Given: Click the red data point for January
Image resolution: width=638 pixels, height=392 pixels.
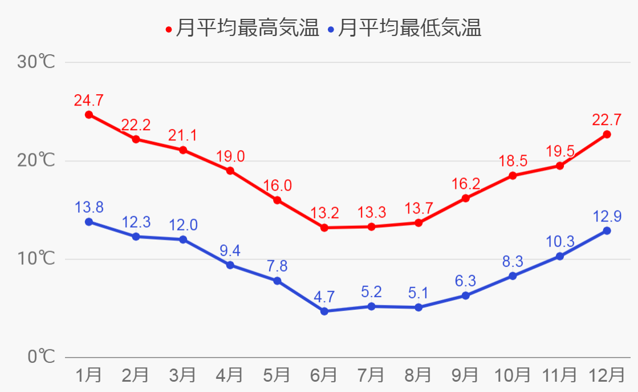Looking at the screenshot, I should (89, 115).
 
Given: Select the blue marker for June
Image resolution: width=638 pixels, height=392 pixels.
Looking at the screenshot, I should (324, 312).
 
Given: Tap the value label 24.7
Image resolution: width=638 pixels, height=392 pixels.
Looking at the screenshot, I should (89, 100).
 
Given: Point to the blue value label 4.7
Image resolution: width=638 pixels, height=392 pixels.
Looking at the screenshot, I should (324, 297).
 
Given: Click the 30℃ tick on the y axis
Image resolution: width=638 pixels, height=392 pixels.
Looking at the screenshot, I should (36, 62).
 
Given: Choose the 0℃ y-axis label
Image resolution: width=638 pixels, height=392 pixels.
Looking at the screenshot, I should (41, 357).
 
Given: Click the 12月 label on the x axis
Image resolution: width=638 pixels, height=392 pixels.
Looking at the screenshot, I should (607, 375).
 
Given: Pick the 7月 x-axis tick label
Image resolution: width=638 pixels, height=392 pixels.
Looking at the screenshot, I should (371, 375).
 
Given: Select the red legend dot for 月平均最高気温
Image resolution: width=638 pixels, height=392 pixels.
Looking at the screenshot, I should (168, 29).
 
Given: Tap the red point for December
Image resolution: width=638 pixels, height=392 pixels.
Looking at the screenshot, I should (607, 135).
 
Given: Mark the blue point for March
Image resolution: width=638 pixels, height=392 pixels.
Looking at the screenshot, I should (183, 240).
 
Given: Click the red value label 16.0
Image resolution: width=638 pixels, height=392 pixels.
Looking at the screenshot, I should (277, 186).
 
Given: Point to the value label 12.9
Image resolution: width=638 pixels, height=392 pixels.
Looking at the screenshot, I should (607, 216).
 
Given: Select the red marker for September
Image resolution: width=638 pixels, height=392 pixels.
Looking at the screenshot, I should (465, 198).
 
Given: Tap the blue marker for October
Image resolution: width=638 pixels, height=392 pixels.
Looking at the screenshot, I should (513, 276).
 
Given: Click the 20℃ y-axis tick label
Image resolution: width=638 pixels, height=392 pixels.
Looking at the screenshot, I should (36, 160).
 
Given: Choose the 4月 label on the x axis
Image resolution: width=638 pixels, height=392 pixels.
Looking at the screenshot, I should (230, 375).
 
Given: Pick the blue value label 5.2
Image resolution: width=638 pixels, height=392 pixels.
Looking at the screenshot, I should (371, 292).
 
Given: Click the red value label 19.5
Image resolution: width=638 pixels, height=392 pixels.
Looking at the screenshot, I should (560, 151).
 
